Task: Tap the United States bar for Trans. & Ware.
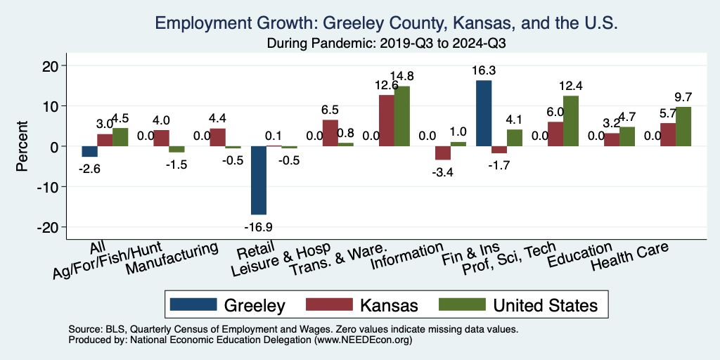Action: tap(401, 116)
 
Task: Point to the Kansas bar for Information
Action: tap(443, 153)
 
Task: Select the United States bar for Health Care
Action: tap(683, 127)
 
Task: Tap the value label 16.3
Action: tap(484, 70)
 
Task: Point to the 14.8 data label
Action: tap(401, 76)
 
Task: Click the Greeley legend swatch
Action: tap(192, 304)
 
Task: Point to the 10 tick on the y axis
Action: tap(57, 106)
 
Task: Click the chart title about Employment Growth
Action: tap(386, 23)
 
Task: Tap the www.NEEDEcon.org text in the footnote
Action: tap(359, 340)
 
